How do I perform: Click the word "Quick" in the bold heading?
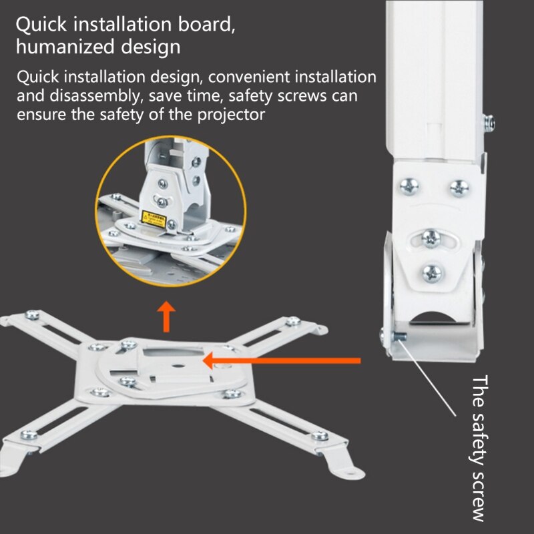41,25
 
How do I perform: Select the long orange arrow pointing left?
280,361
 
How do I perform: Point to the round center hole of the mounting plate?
179,365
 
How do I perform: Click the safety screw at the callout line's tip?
398,336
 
